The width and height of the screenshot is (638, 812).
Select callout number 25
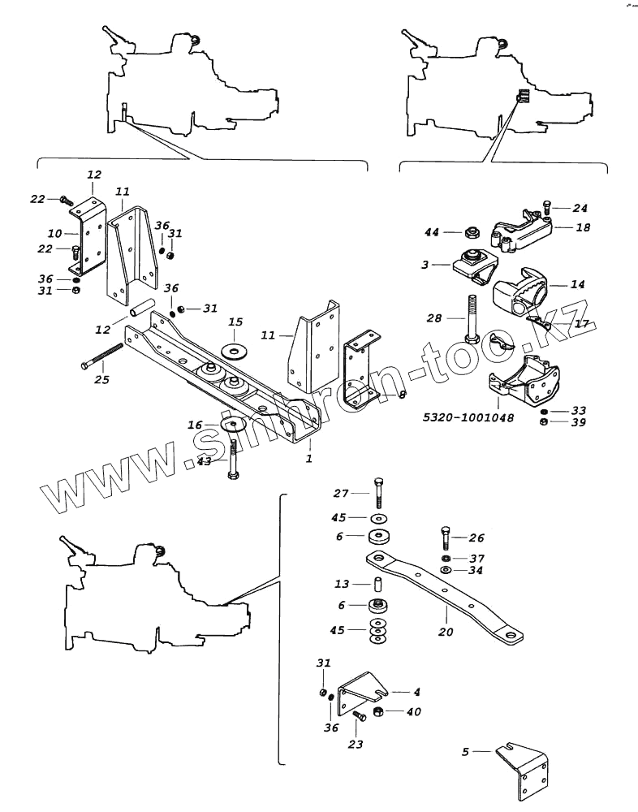[101, 379]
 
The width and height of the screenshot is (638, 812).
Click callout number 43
[204, 460]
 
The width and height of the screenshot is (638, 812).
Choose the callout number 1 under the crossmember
[308, 460]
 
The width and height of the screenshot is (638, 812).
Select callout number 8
[402, 395]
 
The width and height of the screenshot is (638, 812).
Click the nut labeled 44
[471, 233]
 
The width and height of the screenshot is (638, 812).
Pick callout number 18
[583, 228]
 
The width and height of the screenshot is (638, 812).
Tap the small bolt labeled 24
[546, 211]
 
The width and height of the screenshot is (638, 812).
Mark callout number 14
[577, 285]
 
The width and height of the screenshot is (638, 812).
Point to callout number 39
[577, 422]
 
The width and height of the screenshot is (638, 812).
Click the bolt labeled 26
[445, 537]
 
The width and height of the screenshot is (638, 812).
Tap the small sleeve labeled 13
[378, 584]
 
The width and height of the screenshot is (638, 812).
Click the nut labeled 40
[377, 712]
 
